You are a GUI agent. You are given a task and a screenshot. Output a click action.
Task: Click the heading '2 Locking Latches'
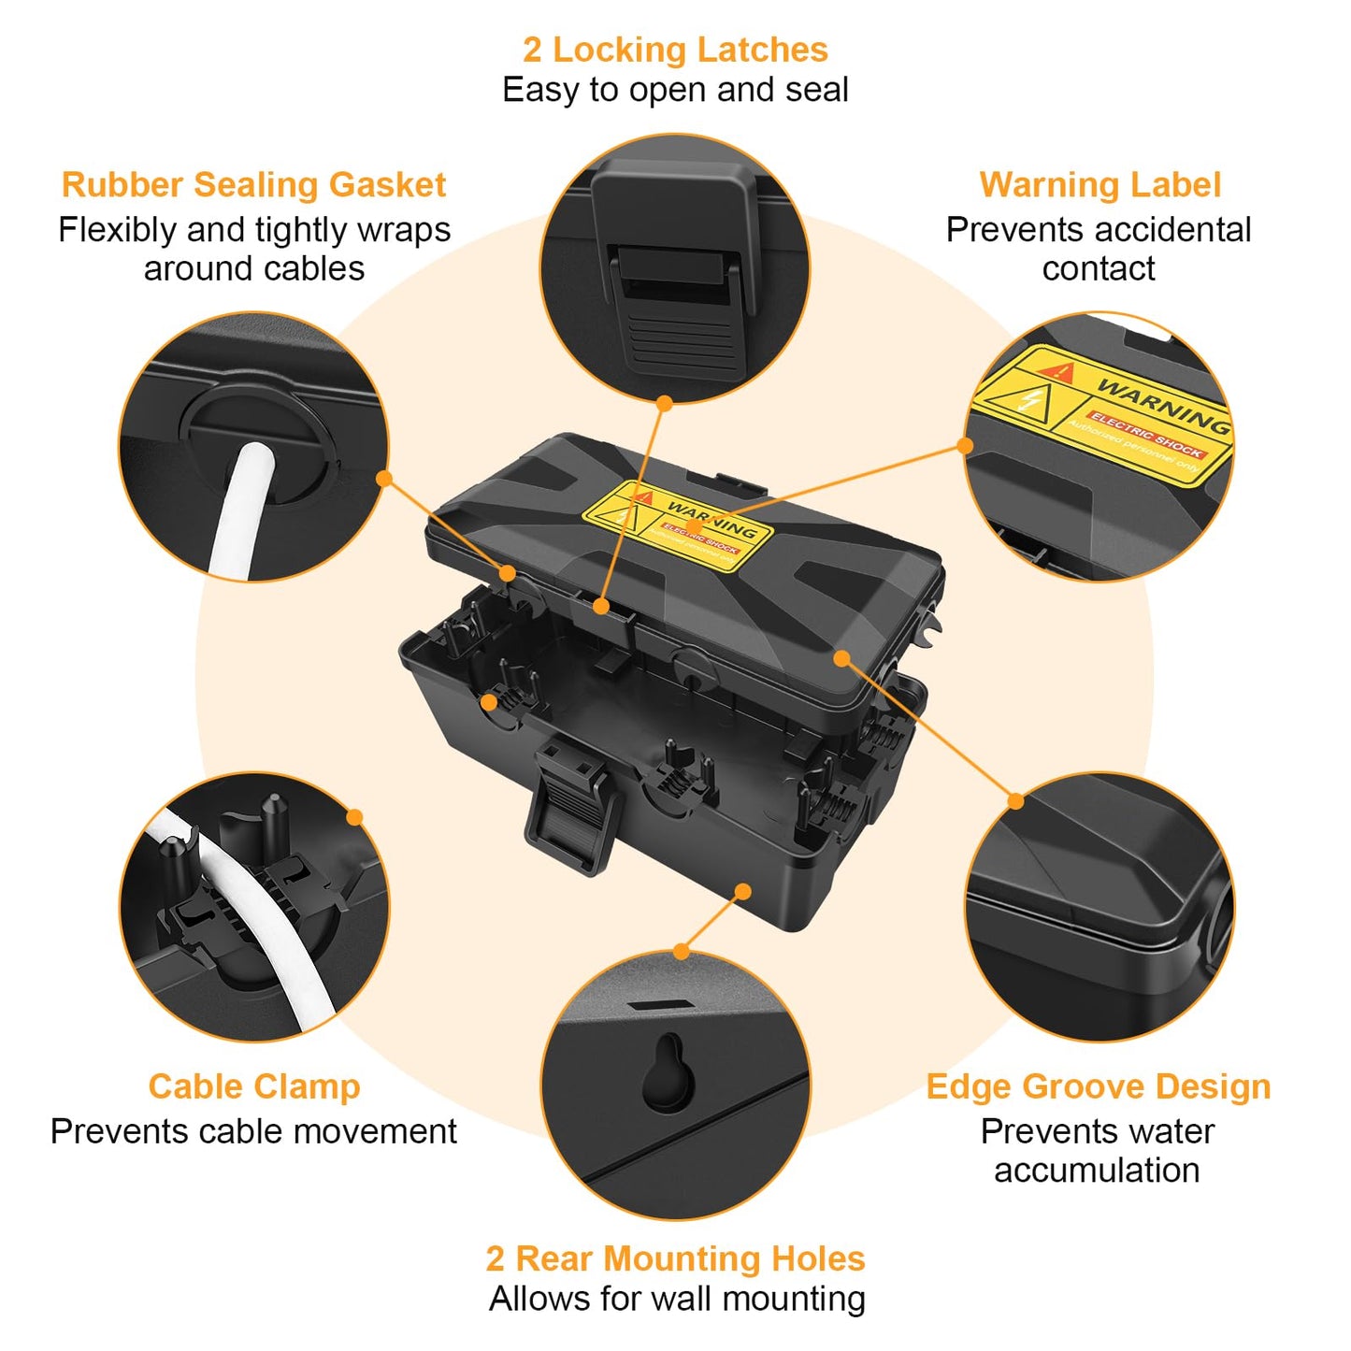coord(675,50)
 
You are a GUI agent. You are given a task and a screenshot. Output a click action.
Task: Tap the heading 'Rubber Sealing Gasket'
coord(253,184)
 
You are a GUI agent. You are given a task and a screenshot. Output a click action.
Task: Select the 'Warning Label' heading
coord(1099,184)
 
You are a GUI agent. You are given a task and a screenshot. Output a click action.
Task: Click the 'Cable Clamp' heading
coord(253,1086)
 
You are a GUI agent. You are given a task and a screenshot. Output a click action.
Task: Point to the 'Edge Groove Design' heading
coord(1098,1086)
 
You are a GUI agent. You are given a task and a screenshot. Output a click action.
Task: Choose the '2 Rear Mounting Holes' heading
coord(675,1258)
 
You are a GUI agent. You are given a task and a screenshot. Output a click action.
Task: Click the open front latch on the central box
coord(573,804)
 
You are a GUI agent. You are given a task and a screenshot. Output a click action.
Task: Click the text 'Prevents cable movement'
coord(253,1131)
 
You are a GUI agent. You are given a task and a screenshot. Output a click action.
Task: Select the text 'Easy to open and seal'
coord(675,90)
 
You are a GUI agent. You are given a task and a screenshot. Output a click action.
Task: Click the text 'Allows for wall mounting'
coord(676,1299)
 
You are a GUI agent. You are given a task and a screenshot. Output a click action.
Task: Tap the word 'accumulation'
coord(1097,1171)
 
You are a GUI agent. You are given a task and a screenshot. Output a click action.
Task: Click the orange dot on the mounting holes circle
coord(681,952)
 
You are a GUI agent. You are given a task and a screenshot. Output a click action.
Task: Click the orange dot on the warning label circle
coord(965,446)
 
